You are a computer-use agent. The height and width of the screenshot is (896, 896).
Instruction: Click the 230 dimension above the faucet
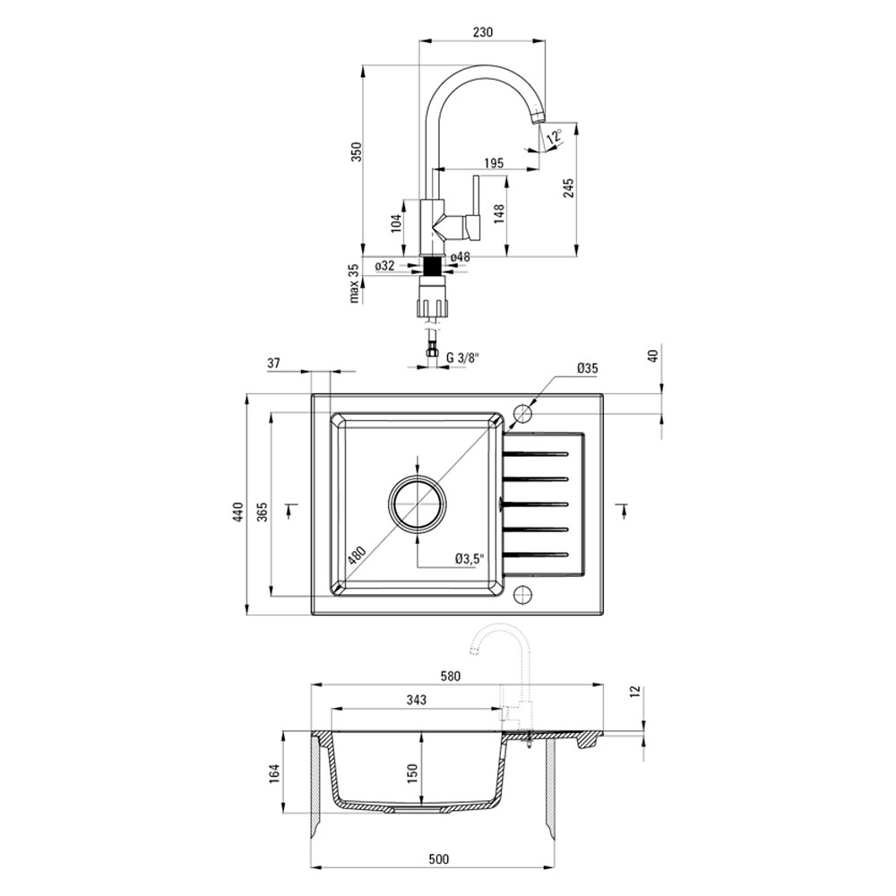483,32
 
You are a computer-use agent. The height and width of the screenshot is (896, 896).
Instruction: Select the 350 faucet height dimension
356,152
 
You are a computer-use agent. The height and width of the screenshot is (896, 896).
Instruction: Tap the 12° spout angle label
554,136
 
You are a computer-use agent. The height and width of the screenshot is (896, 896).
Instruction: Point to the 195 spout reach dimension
494,163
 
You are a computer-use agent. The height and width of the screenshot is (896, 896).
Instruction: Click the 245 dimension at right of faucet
569,188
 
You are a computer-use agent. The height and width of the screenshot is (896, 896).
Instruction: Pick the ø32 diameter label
385,265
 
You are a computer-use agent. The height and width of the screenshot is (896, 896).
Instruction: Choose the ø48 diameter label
460,257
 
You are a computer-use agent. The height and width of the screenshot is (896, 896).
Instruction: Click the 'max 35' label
354,283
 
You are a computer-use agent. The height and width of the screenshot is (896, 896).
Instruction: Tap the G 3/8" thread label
462,358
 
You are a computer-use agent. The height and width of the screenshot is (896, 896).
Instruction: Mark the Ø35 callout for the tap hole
587,368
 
